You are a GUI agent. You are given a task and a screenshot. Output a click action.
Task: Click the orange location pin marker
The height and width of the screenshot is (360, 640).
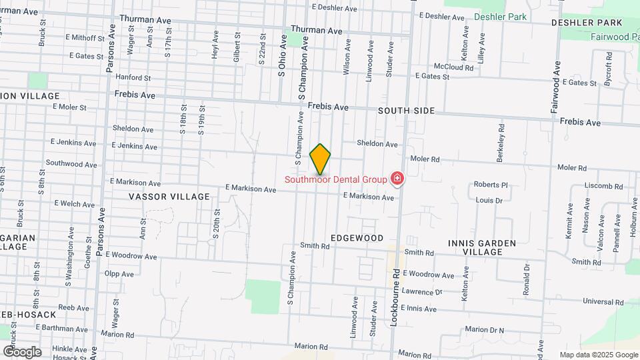320,159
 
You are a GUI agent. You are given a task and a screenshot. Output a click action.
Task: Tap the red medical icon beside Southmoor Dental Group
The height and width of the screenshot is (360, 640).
397,179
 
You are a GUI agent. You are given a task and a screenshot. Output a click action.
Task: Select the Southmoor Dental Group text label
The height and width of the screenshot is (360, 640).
336,179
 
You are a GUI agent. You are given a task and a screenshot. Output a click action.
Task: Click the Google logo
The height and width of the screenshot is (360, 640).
22,351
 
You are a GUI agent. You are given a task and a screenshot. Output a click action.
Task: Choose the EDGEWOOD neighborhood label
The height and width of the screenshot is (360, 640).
357,238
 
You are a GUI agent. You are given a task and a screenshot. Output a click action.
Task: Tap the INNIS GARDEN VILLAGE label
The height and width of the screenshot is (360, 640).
483,247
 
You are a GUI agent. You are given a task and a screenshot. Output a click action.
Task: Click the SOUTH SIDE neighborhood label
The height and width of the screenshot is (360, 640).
407,111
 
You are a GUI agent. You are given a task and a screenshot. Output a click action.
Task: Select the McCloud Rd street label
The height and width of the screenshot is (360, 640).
453,67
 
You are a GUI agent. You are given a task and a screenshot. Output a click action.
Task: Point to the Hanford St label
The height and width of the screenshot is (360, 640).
129,77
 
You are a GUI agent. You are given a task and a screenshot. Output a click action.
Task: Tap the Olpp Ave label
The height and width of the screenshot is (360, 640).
119,273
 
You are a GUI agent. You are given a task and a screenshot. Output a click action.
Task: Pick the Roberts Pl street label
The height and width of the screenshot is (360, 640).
491,185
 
